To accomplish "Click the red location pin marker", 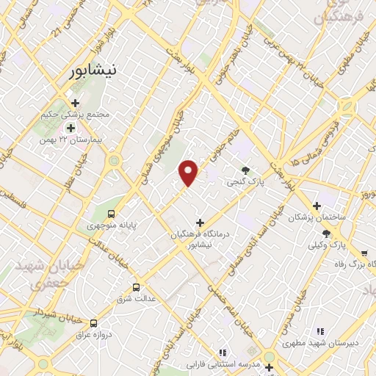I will (x=189, y=172).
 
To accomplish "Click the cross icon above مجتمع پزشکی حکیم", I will (x=76, y=103).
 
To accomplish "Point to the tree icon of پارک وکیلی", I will (x=326, y=233).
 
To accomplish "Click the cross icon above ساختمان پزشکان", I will (x=317, y=206).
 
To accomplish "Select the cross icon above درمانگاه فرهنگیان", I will (x=200, y=222).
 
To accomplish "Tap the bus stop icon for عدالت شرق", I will (x=136, y=287).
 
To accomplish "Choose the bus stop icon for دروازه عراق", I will (x=93, y=323).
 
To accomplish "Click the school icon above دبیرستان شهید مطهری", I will (x=319, y=331).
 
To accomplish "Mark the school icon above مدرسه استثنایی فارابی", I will (x=222, y=352).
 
